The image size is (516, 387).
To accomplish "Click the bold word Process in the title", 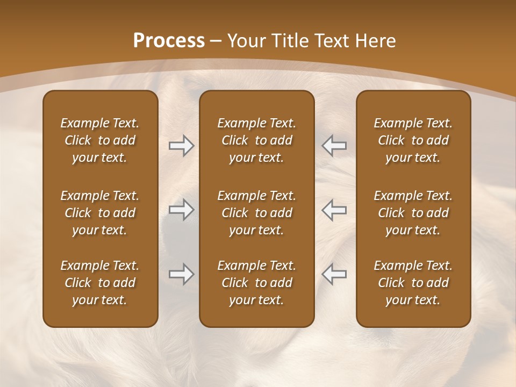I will click(169, 41).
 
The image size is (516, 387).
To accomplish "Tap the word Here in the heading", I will click(376, 41).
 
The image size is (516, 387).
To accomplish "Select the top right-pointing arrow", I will click(181, 146).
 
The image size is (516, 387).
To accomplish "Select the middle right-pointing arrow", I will click(181, 210).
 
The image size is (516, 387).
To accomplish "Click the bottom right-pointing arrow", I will click(181, 274).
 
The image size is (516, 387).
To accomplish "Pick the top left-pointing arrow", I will click(334, 146).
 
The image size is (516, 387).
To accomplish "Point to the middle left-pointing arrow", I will click(334, 210).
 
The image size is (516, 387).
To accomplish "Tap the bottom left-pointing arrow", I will click(334, 274).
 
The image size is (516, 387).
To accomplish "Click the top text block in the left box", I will click(100, 140).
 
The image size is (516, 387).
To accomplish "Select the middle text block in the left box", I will click(100, 213).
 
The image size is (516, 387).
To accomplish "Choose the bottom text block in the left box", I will click(100, 283).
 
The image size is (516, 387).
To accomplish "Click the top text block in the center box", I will click(256, 140).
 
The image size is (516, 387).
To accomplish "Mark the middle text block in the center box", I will click(256, 213).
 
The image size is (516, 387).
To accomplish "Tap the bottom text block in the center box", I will click(256, 283).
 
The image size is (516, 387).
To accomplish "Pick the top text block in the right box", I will click(413, 140).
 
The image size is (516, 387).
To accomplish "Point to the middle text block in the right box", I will click(413, 213).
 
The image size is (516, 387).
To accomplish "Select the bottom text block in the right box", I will click(413, 283).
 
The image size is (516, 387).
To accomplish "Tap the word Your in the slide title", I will click(246, 41).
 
